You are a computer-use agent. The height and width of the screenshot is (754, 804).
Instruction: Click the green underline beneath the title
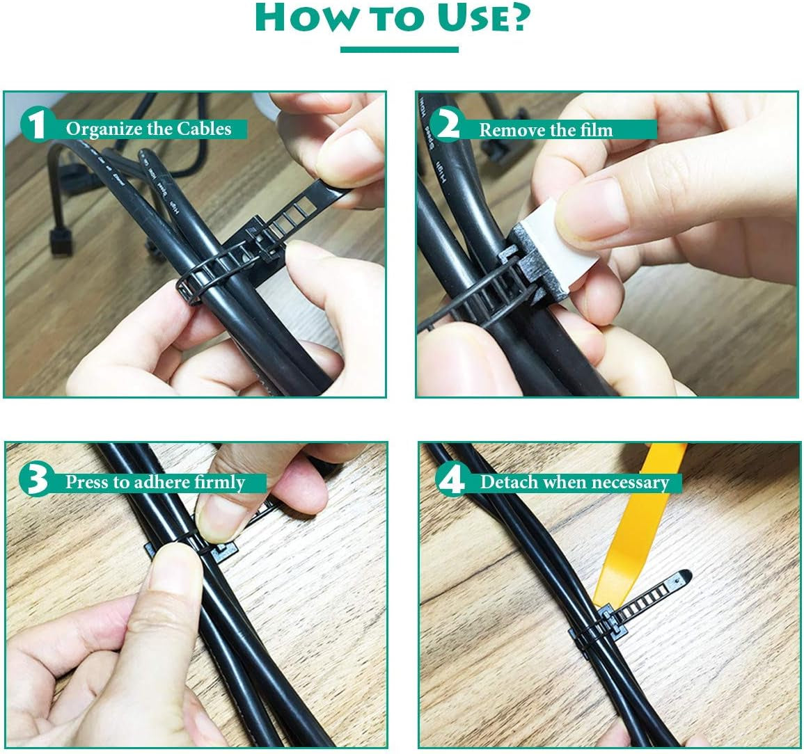click(399, 49)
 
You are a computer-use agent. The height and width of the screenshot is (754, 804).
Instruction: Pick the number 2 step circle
click(449, 126)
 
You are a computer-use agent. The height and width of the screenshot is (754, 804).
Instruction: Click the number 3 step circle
click(35, 479)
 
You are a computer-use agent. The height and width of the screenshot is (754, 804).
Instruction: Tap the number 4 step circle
click(453, 479)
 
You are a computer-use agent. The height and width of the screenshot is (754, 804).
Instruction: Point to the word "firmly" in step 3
click(220, 483)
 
